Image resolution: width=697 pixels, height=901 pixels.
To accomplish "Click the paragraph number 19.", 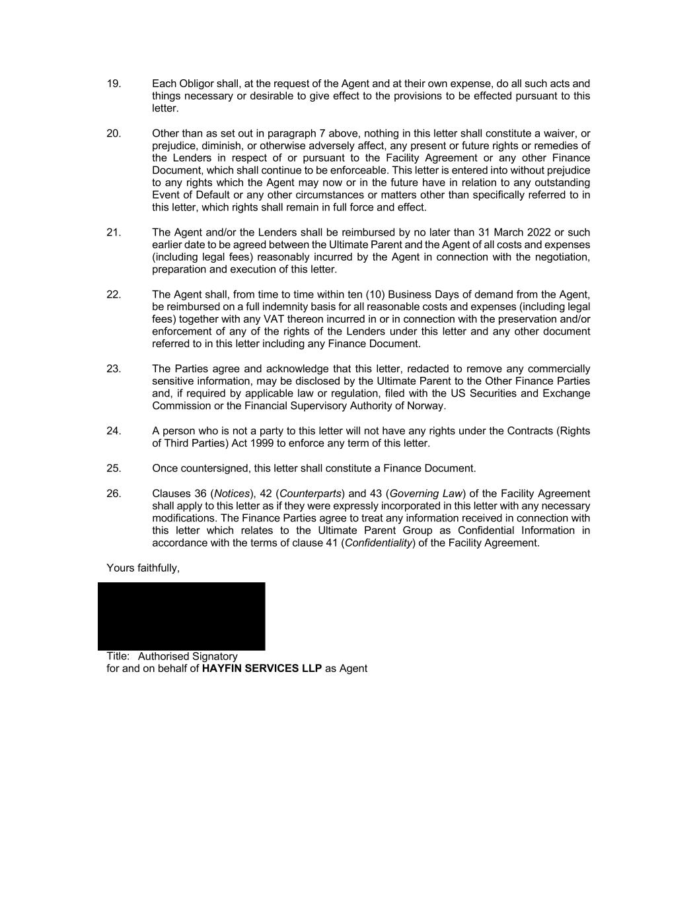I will point(114,84).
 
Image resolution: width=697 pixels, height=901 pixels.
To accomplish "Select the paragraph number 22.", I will point(114,294).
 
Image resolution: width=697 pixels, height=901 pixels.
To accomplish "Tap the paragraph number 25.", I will point(114,469).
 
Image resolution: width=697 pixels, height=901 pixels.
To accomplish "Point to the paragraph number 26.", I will point(114,494).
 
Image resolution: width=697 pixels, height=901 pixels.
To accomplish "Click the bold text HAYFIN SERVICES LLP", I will point(262,669).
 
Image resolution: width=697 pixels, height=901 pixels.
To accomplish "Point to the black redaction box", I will point(181,616).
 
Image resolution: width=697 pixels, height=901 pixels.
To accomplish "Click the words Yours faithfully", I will point(143,568).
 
